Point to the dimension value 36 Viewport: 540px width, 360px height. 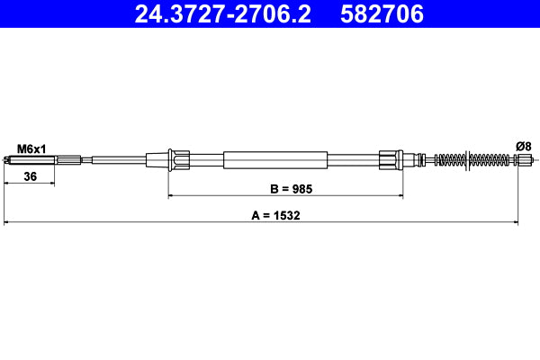coord(30,177)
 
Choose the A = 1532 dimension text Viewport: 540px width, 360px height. coord(264,216)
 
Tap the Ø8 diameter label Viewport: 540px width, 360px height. coord(522,146)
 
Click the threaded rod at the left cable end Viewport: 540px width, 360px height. coord(27,161)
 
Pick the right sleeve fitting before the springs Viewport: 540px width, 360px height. coord(389,160)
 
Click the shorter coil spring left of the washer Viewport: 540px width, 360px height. coord(448,160)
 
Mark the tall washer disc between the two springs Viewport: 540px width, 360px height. coord(466,160)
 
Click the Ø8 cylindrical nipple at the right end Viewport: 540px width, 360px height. coord(523,161)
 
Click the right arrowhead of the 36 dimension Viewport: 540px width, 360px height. coord(52,184)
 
